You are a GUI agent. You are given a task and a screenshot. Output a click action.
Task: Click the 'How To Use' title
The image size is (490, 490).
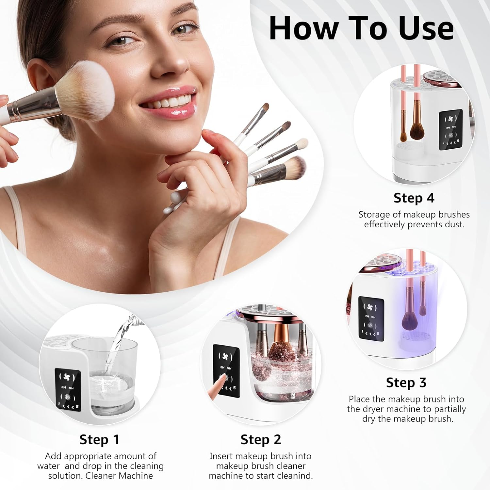(361, 28)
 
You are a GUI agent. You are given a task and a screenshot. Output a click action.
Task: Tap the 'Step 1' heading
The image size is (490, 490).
(99, 439)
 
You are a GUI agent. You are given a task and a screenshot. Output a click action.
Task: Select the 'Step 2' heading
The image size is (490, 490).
(261, 439)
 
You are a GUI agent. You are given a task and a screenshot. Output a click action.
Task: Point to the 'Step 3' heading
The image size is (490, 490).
(406, 382)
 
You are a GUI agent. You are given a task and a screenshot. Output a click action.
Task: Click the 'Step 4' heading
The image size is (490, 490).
(414, 198)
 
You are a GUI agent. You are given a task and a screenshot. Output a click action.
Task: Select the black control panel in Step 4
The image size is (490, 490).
(450, 130)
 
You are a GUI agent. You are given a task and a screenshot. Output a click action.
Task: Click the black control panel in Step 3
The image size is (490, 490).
(371, 319)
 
